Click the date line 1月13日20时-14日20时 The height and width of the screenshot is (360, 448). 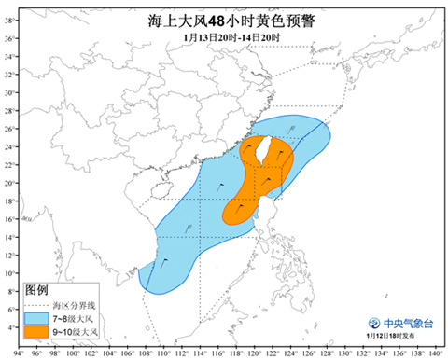[x=225, y=37]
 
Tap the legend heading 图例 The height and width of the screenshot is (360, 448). [x=36, y=292]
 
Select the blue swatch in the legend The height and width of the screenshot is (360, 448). [x=37, y=319]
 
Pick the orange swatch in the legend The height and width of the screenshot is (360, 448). [x=37, y=332]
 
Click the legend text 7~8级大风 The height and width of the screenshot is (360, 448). [x=74, y=319]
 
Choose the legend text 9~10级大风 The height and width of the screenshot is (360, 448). [x=76, y=332]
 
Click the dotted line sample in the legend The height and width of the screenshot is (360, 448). [x=37, y=306]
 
